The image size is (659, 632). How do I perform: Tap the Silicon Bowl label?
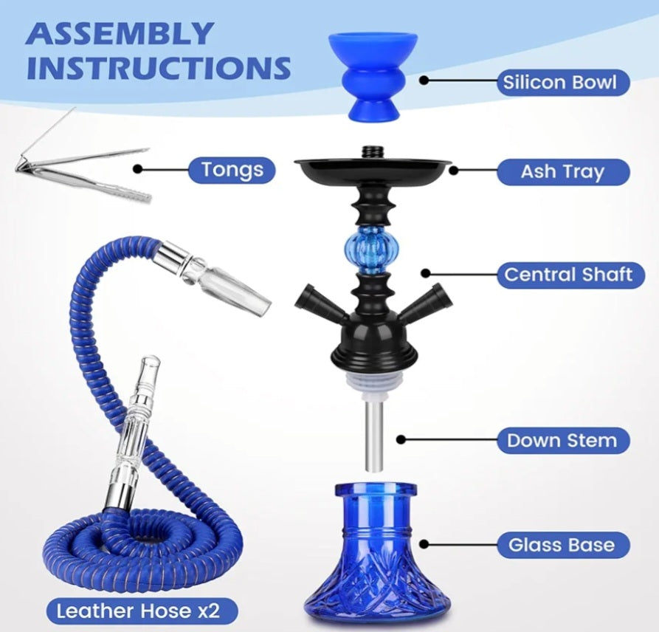(559, 81)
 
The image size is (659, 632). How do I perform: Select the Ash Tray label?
(562, 171)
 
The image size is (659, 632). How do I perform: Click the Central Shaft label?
(567, 275)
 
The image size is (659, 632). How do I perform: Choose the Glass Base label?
(561, 546)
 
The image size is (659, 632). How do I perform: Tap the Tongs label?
(232, 170)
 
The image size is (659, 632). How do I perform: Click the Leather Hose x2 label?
(138, 611)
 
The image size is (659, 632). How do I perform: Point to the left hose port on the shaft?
(318, 303)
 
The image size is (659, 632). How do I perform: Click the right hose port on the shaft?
(429, 303)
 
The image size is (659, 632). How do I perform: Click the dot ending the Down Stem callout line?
(401, 439)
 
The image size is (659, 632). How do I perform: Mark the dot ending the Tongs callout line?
(142, 169)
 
